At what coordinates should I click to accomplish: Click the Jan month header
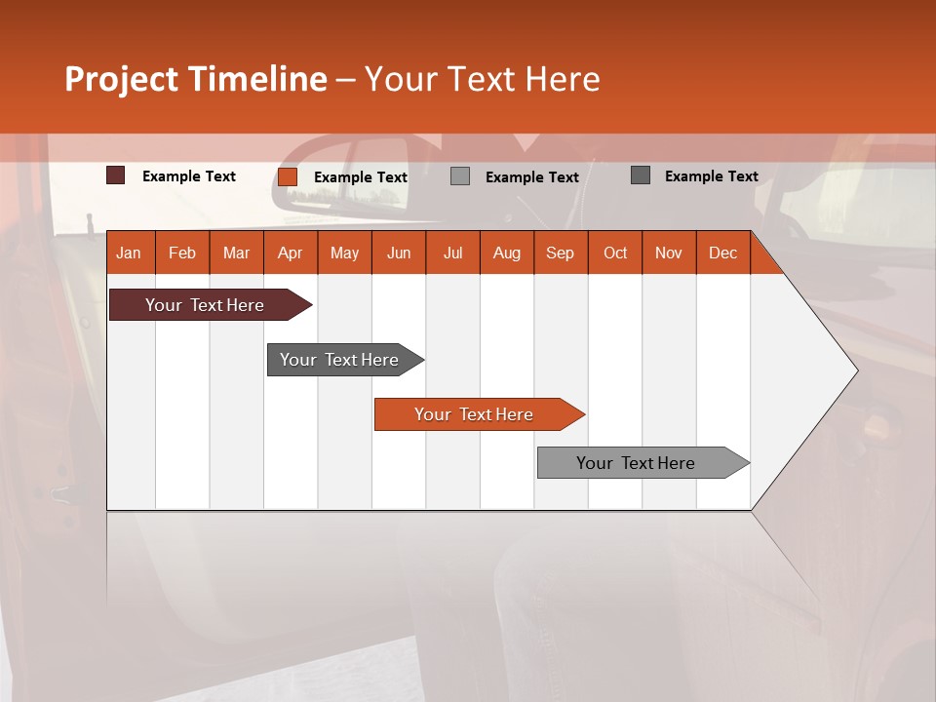pyautogui.click(x=129, y=253)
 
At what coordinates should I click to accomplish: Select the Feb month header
pyautogui.click(x=182, y=253)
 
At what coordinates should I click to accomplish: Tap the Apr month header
pyautogui.click(x=290, y=253)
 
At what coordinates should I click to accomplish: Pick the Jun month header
pyautogui.click(x=399, y=253)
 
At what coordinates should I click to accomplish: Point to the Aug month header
pyautogui.click(x=506, y=253)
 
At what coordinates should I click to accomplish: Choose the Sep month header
pyautogui.click(x=560, y=253)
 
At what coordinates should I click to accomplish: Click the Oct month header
pyautogui.click(x=615, y=253)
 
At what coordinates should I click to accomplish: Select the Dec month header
pyautogui.click(x=722, y=253)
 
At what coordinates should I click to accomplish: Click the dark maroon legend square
pyautogui.click(x=116, y=175)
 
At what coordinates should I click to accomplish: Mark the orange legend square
pyautogui.click(x=288, y=176)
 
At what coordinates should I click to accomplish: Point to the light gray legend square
pyautogui.click(x=460, y=176)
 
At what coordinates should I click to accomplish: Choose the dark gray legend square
pyautogui.click(x=641, y=175)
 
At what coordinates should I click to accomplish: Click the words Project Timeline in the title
pyautogui.click(x=196, y=79)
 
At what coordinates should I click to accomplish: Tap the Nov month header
pyautogui.click(x=669, y=253)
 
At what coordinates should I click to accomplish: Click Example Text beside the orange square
pyautogui.click(x=361, y=177)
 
